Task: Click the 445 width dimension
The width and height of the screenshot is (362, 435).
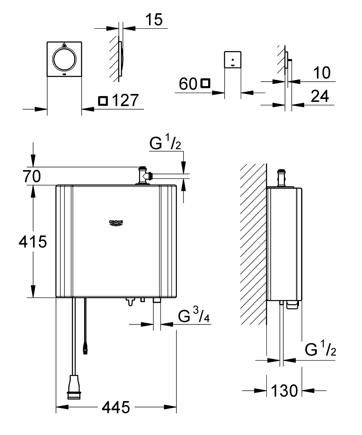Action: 116,407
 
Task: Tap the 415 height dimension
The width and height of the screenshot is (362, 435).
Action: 33,241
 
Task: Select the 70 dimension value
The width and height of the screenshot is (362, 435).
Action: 32,177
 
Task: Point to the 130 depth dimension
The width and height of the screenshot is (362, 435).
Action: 284,391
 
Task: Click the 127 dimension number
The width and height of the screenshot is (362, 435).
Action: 125,100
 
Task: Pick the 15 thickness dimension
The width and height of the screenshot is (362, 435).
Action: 154,20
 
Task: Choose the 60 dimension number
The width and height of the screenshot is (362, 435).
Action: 188,84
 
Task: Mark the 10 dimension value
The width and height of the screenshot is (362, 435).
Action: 322,73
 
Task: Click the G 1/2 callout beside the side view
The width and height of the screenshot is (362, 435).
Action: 320,348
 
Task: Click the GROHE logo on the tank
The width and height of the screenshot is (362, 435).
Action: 116,222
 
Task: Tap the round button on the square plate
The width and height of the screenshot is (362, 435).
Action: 64,59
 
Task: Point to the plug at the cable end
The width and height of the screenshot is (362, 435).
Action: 74,387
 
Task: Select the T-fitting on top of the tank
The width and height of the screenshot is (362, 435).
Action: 144,175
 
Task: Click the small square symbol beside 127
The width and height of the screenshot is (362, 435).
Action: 103,101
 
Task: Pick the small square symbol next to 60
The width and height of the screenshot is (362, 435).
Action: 206,83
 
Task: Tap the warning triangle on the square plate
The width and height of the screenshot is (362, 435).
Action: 64,44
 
